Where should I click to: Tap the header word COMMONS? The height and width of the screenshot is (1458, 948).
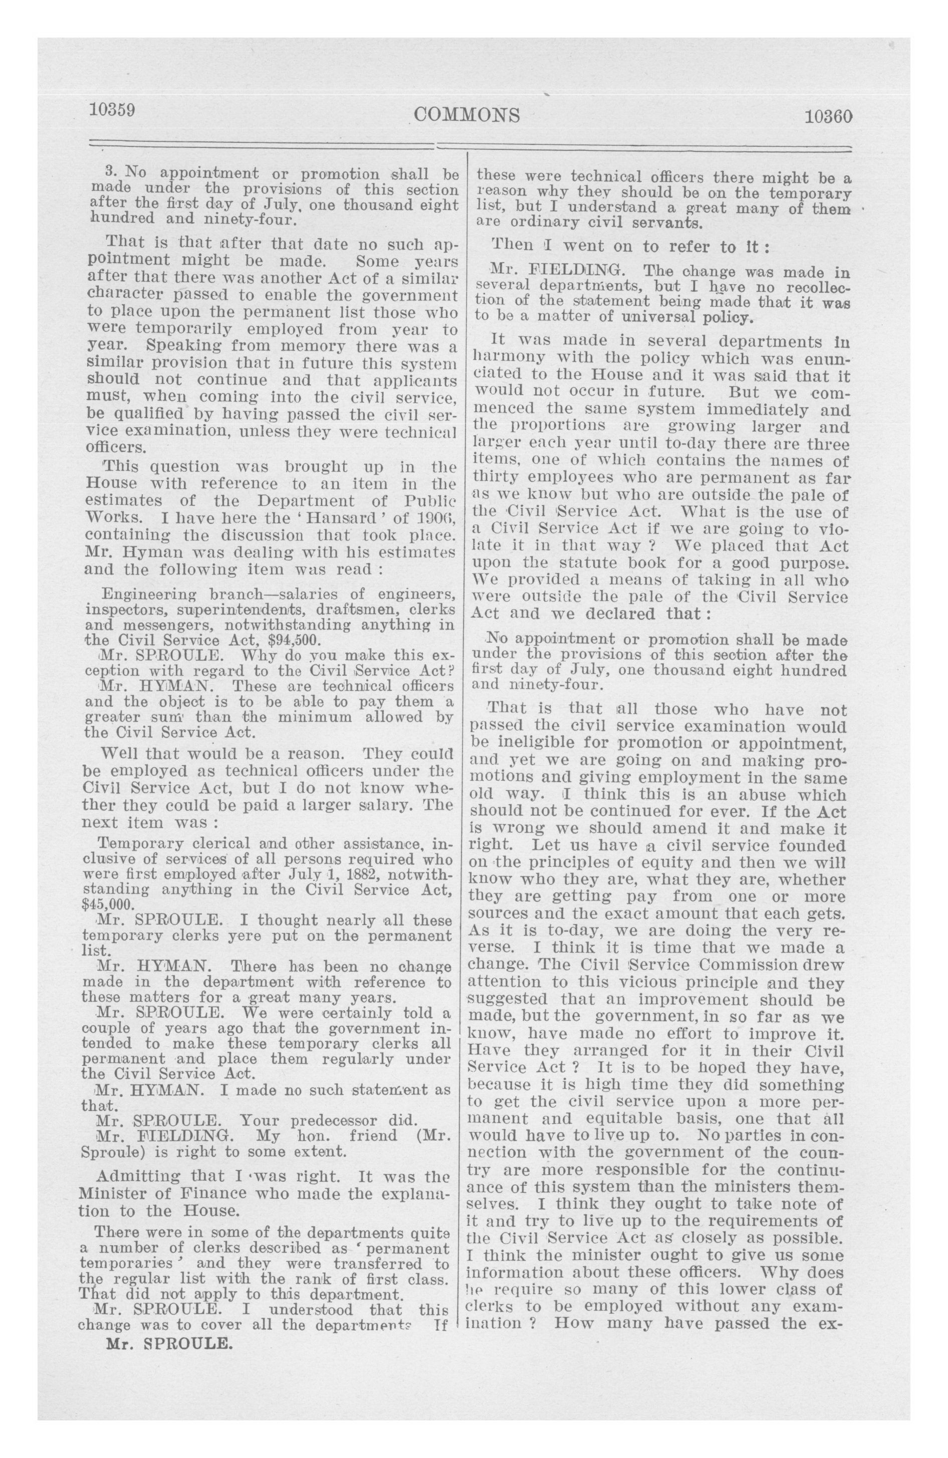(x=467, y=114)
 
